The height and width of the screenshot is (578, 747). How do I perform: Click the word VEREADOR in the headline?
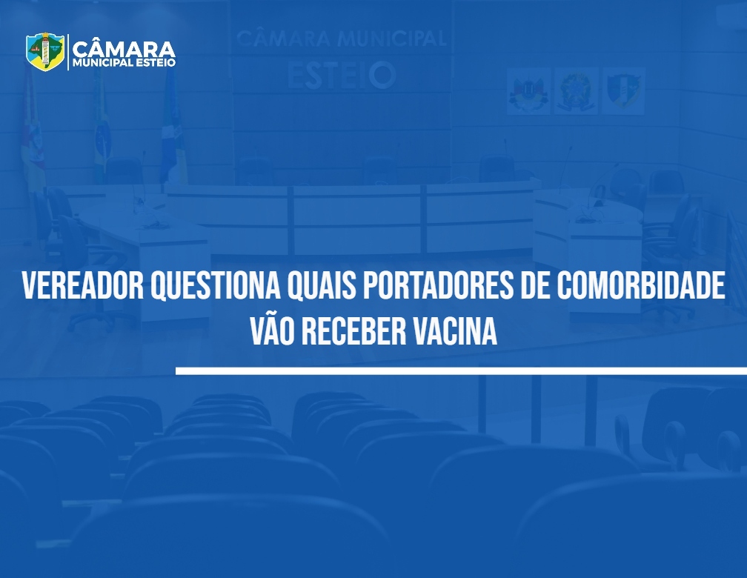click(x=83, y=286)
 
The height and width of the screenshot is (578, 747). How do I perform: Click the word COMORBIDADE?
click(x=641, y=286)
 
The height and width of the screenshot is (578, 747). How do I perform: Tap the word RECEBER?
click(x=354, y=330)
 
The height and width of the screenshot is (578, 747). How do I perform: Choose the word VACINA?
click(x=455, y=330)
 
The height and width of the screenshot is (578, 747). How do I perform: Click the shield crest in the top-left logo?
click(x=45, y=51)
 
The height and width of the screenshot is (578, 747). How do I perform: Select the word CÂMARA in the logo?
click(x=124, y=49)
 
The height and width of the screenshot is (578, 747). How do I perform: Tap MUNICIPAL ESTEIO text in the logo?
click(x=124, y=63)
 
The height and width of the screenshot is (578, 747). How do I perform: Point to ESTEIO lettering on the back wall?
click(x=342, y=76)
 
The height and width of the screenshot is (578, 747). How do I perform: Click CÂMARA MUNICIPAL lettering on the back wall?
click(x=342, y=39)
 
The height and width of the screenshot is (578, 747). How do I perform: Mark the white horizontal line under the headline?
click(x=461, y=371)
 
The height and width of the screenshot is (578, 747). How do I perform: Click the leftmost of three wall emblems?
click(x=528, y=91)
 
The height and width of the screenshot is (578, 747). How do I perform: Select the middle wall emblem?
click(x=576, y=91)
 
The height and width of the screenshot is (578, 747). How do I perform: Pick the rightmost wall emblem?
click(x=624, y=91)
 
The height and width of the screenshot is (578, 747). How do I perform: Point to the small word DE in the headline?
click(x=535, y=286)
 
